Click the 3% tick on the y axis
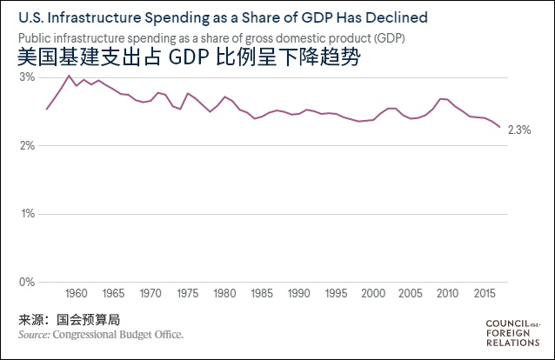(x=27, y=77)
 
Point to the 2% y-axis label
(x=27, y=145)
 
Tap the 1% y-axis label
(x=27, y=213)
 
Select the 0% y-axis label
(x=27, y=282)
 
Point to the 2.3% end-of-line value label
(x=518, y=130)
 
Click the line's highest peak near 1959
(x=69, y=76)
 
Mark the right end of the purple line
(x=499, y=127)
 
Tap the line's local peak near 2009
(x=442, y=98)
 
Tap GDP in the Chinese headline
(x=192, y=58)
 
